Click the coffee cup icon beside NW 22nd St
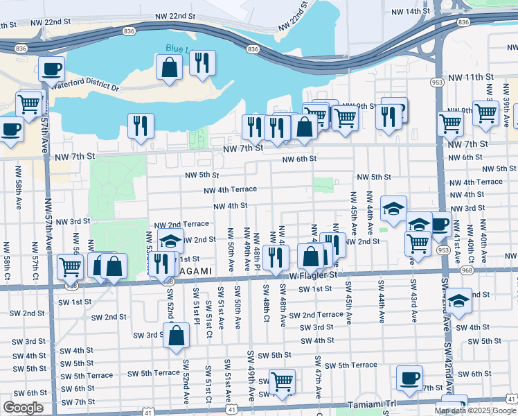click(x=52, y=69)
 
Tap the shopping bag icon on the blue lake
click(x=170, y=67)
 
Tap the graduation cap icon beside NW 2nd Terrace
click(x=170, y=241)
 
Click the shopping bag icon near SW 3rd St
click(x=177, y=335)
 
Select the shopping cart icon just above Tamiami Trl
click(x=282, y=381)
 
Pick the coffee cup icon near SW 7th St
click(x=409, y=378)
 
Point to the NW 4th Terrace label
click(x=230, y=189)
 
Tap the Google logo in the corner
click(x=23, y=408)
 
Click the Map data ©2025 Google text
click(x=475, y=410)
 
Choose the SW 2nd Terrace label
click(x=316, y=315)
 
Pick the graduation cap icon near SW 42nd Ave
click(x=458, y=300)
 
